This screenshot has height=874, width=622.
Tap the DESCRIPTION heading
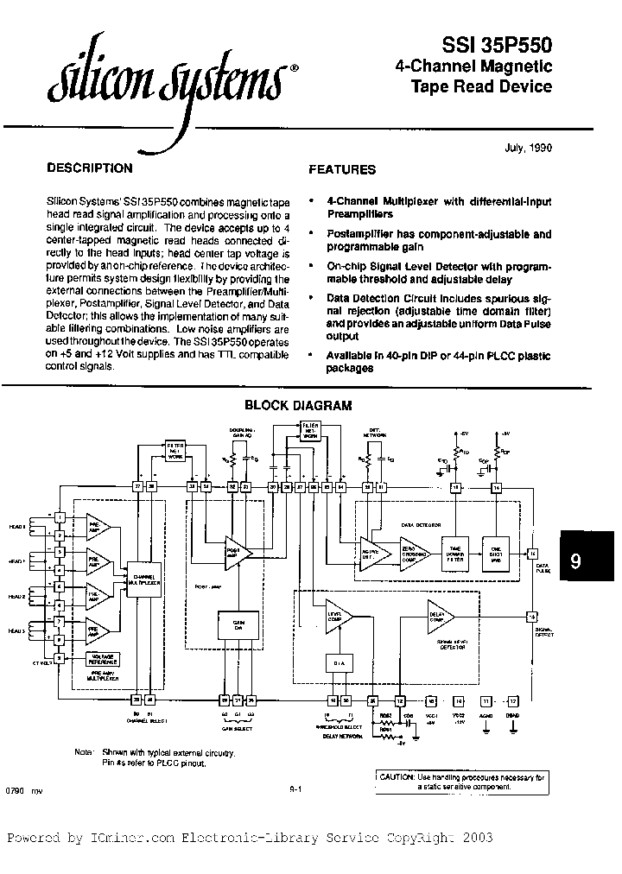tap(89, 168)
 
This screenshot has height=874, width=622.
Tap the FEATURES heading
tap(342, 170)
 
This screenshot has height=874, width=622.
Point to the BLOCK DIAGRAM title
tap(298, 405)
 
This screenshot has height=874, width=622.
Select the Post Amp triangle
tap(233, 551)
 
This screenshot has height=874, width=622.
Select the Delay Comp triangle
tap(440, 616)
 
